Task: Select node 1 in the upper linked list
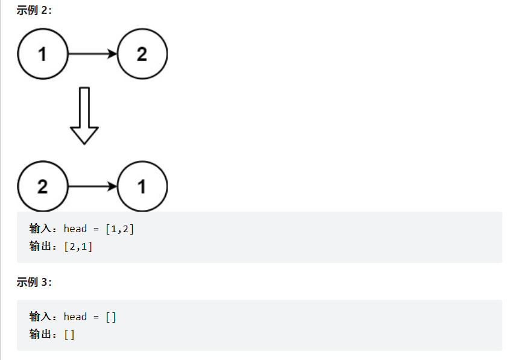point(43,54)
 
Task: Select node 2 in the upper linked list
point(142,54)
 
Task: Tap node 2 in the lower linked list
point(43,186)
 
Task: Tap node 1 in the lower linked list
point(142,186)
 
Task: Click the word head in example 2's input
point(75,229)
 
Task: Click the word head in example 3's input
point(75,317)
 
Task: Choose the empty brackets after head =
point(111,317)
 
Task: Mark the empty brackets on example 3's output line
point(69,333)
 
